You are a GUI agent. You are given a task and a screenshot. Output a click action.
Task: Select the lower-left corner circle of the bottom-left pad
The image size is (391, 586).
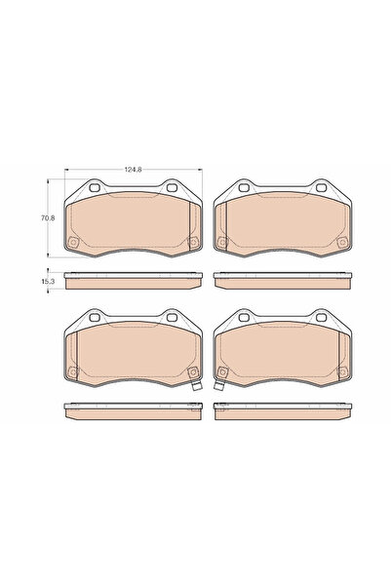73,370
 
